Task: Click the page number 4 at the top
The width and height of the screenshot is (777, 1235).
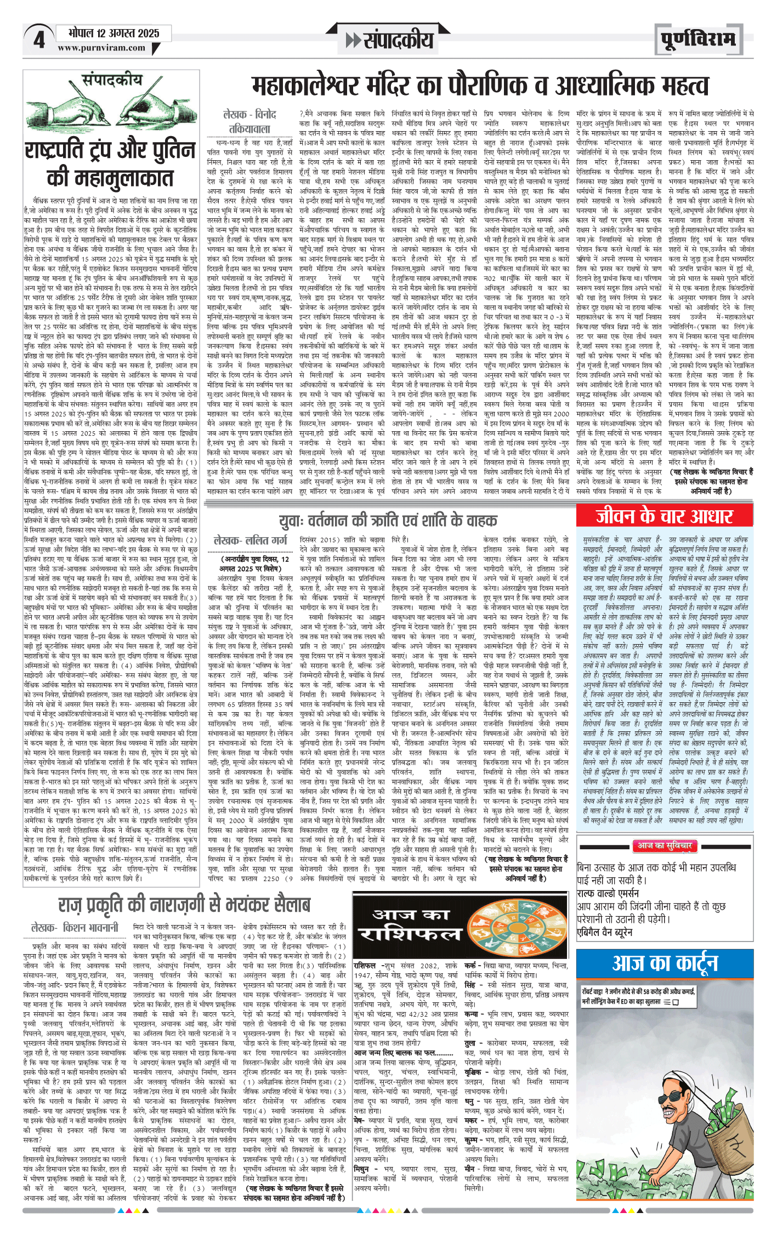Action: coord(39,40)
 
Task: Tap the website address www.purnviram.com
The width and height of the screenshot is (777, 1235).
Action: coord(101,48)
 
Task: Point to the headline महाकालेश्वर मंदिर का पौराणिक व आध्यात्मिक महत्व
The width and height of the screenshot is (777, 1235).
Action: coord(480,86)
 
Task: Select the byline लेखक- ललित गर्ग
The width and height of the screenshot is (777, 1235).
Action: coord(250,540)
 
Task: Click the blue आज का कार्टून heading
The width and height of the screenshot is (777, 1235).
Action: coord(665,963)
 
